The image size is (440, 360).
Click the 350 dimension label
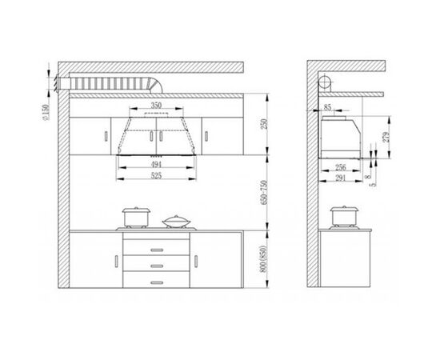156,106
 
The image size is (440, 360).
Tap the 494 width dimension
156,165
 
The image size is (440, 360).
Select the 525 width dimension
156,176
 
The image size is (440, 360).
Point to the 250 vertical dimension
264,124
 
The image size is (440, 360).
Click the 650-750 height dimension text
264,193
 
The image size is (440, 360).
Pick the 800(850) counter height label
264,258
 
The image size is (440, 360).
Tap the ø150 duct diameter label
46,112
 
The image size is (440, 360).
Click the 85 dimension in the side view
327,107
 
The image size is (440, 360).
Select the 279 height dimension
386,137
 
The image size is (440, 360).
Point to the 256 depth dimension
341,167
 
